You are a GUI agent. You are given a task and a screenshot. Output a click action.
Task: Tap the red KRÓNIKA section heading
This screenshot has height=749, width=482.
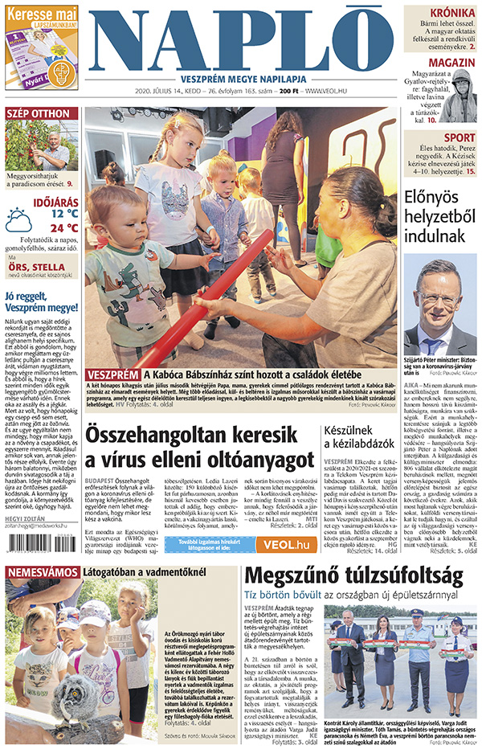point(451,13)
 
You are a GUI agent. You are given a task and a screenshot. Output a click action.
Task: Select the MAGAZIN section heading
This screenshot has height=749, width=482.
point(451,63)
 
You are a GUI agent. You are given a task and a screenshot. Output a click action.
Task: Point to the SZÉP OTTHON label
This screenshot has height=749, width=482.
point(38,113)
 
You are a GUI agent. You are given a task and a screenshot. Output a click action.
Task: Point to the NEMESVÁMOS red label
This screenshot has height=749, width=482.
point(40,572)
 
